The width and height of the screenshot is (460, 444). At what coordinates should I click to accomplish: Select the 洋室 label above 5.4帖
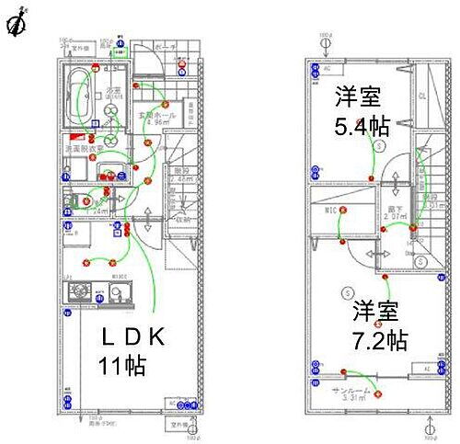coord(358,96)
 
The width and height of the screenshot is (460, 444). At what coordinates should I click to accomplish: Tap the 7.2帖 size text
coord(380,341)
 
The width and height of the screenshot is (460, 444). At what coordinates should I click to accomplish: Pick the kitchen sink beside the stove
coord(117,294)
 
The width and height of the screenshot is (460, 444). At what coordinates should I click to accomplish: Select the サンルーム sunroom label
coord(351,392)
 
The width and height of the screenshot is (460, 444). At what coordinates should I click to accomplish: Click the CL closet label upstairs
coord(422,95)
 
